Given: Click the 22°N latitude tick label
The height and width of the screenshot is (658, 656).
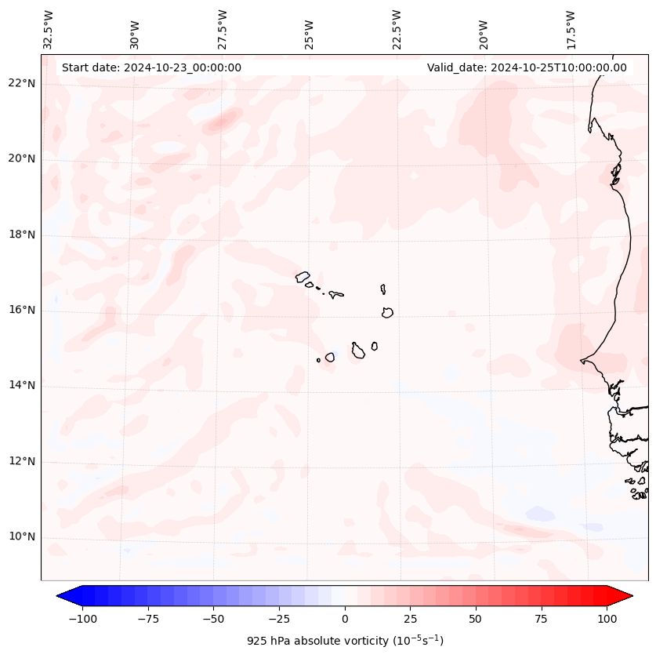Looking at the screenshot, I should [22, 84].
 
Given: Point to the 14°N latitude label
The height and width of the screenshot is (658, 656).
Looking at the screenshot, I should [22, 386].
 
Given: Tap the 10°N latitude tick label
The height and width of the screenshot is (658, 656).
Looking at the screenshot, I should [22, 537].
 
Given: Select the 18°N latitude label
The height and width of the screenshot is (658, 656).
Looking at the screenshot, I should [22, 235].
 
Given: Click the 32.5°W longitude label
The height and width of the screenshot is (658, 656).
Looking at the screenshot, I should [49, 30].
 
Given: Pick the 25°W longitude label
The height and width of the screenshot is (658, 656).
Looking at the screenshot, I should [310, 30].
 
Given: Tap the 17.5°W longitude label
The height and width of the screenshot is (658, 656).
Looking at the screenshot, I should [571, 30].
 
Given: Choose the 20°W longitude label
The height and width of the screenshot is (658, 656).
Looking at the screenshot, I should [484, 30].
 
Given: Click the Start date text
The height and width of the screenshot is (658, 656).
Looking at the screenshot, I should [151, 67].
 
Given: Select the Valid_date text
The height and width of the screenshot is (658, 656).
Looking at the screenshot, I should [527, 67].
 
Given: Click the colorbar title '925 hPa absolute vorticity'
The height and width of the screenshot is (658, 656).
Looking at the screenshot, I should [345, 642].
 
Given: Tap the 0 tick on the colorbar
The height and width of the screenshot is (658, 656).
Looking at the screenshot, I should [345, 619].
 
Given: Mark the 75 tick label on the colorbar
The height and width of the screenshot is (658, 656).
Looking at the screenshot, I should [541, 619].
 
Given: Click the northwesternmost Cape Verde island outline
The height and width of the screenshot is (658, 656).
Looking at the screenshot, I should [303, 277].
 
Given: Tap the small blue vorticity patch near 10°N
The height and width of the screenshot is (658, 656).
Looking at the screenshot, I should [540, 514].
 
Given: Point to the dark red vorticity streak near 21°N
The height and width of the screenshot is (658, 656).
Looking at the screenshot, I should [224, 121].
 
